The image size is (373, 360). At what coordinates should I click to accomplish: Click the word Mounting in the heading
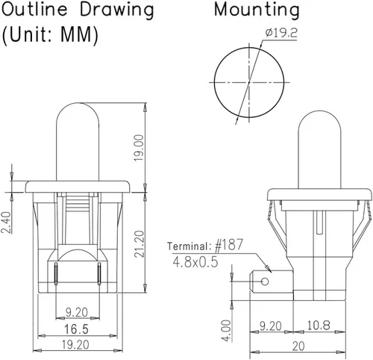click(x=257, y=10)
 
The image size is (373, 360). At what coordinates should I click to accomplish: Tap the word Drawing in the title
click(x=116, y=10)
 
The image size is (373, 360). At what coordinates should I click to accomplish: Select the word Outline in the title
click(x=34, y=9)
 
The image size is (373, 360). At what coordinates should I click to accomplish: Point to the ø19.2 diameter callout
click(x=281, y=33)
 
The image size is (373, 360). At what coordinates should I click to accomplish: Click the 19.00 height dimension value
click(x=139, y=148)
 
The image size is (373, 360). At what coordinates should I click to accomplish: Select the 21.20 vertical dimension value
click(x=140, y=243)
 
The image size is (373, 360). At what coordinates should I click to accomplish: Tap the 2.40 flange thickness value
click(x=6, y=223)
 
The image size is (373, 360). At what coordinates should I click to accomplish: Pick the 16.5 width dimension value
click(x=76, y=329)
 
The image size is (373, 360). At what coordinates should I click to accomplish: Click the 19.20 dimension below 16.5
click(x=75, y=345)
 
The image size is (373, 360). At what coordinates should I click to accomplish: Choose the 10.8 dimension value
click(x=319, y=325)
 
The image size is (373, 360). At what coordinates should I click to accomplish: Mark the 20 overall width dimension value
click(x=298, y=346)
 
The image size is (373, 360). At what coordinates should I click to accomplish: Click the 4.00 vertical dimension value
click(x=226, y=331)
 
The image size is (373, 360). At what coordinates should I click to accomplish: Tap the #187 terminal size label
click(x=228, y=245)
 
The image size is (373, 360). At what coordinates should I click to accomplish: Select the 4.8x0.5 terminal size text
click(x=195, y=262)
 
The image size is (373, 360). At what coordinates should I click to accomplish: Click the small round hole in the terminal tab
click(x=265, y=282)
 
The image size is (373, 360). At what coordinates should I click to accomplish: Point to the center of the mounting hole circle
click(x=249, y=82)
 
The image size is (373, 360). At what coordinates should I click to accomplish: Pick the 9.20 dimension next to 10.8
click(x=271, y=326)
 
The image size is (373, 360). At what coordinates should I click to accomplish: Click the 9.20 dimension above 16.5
click(x=77, y=312)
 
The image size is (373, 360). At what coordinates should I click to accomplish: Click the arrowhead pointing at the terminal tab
click(x=268, y=268)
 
